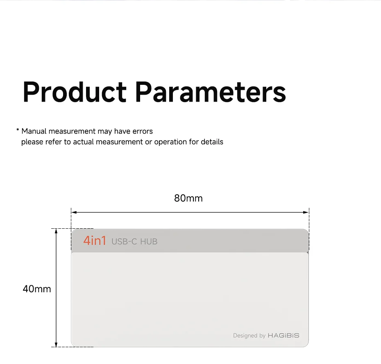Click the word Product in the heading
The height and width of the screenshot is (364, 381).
[x=75, y=92]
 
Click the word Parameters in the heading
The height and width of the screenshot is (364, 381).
[x=211, y=92]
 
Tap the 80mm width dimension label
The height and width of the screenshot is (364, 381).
[x=188, y=198]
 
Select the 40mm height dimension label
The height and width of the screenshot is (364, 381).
[x=37, y=289]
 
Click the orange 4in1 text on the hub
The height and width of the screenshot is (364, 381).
[x=95, y=241]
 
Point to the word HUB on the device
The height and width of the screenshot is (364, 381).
[x=149, y=241]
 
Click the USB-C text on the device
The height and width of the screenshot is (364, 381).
[x=124, y=241]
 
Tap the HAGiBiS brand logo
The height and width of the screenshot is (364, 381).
[x=283, y=336]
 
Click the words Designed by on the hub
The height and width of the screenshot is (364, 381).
[x=249, y=336]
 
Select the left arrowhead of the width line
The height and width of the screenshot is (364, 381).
[x=74, y=212]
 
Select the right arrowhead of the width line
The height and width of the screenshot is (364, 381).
[x=306, y=212]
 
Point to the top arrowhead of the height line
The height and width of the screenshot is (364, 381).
[x=56, y=232]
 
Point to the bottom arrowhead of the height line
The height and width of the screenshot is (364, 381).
[x=56, y=344]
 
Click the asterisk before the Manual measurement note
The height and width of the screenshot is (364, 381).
[x=18, y=130]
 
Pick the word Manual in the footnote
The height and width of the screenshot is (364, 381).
[x=34, y=131]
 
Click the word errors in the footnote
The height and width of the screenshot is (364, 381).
[x=143, y=131]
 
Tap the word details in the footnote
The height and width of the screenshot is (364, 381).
[x=212, y=142]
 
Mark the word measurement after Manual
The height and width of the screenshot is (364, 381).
[x=72, y=131]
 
